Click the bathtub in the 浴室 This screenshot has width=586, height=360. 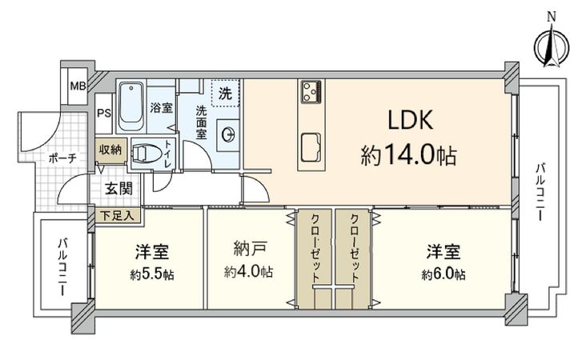[131, 108]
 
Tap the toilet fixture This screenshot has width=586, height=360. [145, 154]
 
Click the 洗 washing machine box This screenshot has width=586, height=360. [226, 93]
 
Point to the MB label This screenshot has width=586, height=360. [77, 86]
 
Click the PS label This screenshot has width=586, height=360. [103, 114]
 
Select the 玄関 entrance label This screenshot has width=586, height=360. [118, 189]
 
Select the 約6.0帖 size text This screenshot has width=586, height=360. [442, 273]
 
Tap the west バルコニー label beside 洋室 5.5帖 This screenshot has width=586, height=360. [62, 267]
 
